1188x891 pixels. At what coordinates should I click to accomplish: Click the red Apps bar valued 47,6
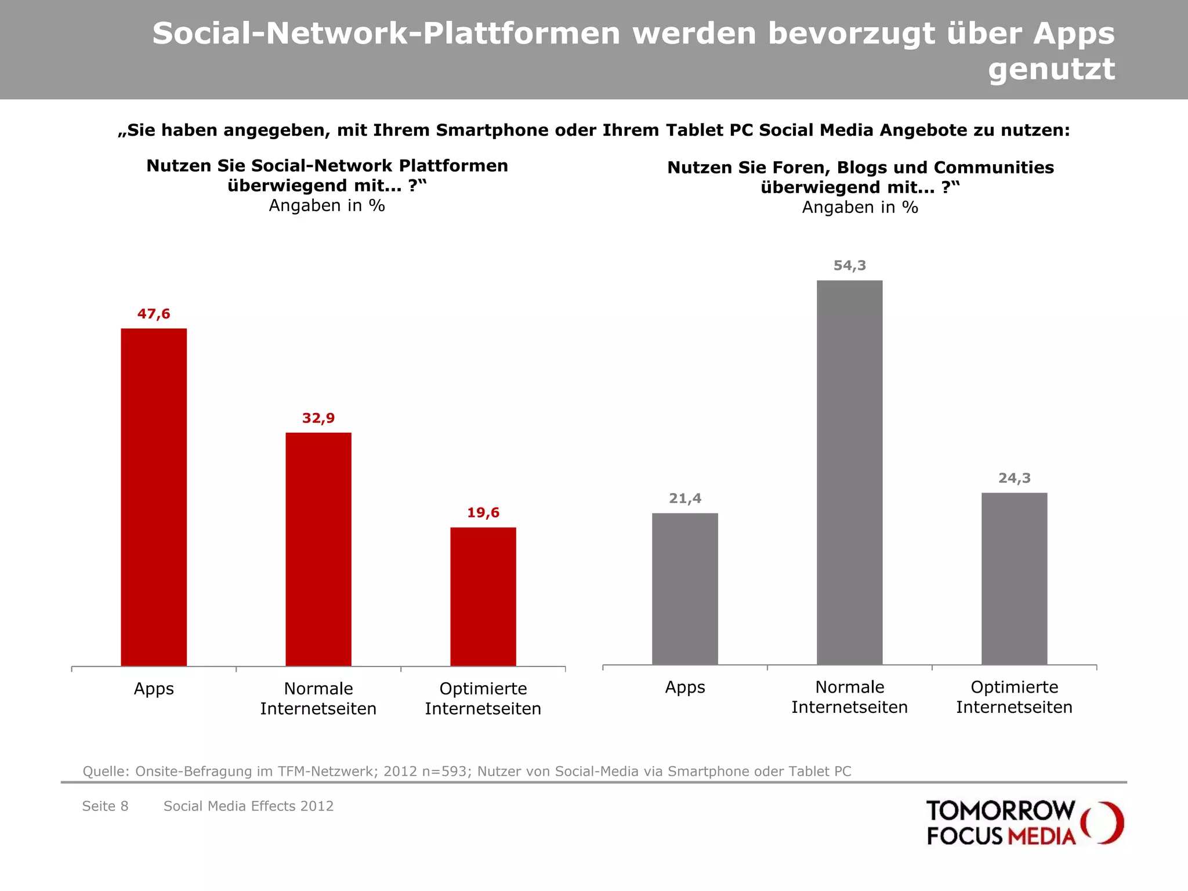(x=154, y=497)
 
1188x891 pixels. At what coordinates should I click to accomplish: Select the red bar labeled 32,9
(x=318, y=549)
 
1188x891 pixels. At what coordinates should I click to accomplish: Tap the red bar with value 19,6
(x=483, y=596)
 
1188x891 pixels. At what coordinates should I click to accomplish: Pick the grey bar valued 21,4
(x=685, y=589)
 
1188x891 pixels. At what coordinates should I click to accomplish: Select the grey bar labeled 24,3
(x=1015, y=578)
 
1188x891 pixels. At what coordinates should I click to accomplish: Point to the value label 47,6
(x=154, y=314)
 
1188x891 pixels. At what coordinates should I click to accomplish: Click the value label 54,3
(x=850, y=266)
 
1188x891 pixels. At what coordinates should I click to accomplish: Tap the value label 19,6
(x=483, y=513)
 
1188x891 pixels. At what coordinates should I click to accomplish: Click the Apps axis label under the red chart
(x=154, y=689)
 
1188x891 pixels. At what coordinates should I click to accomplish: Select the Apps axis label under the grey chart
(x=685, y=687)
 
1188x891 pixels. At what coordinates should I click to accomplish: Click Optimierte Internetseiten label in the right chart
(x=1015, y=697)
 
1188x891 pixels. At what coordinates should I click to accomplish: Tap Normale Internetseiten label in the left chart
(x=318, y=698)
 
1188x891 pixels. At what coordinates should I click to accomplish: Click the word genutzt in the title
(x=1051, y=69)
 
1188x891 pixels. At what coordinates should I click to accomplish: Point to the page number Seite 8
(x=105, y=806)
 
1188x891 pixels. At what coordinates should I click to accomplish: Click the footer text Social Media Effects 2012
(x=248, y=806)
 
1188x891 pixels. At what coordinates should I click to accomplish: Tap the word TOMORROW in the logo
(x=1000, y=810)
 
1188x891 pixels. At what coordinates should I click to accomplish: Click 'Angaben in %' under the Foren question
(x=860, y=207)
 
